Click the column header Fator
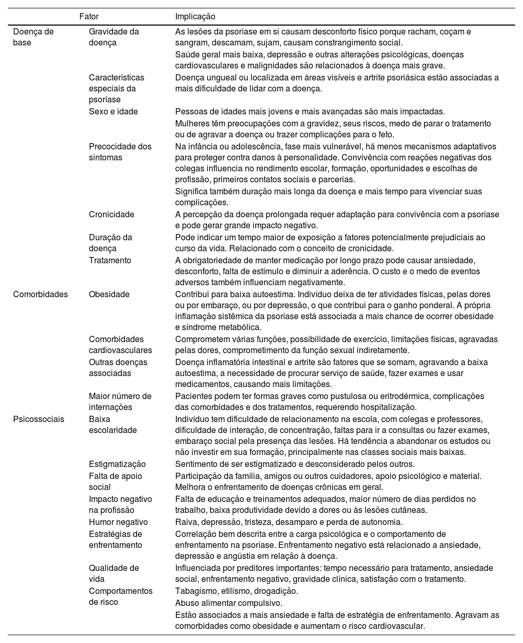[88, 17]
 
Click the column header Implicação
[195, 17]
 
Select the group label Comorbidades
[40, 294]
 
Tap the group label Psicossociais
[39, 419]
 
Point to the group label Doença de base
[33, 37]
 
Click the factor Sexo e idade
[113, 111]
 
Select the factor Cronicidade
[111, 214]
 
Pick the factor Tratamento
[110, 260]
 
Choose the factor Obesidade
[109, 294]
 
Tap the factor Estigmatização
[117, 464]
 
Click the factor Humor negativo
[118, 522]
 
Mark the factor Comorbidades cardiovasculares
[120, 345]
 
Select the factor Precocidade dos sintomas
[120, 152]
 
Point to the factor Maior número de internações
[120, 402]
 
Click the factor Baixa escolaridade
[112, 424]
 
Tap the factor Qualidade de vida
[113, 574]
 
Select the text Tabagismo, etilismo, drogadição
[236, 591]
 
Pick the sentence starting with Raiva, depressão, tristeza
[289, 522]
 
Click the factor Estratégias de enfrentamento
[115, 540]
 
